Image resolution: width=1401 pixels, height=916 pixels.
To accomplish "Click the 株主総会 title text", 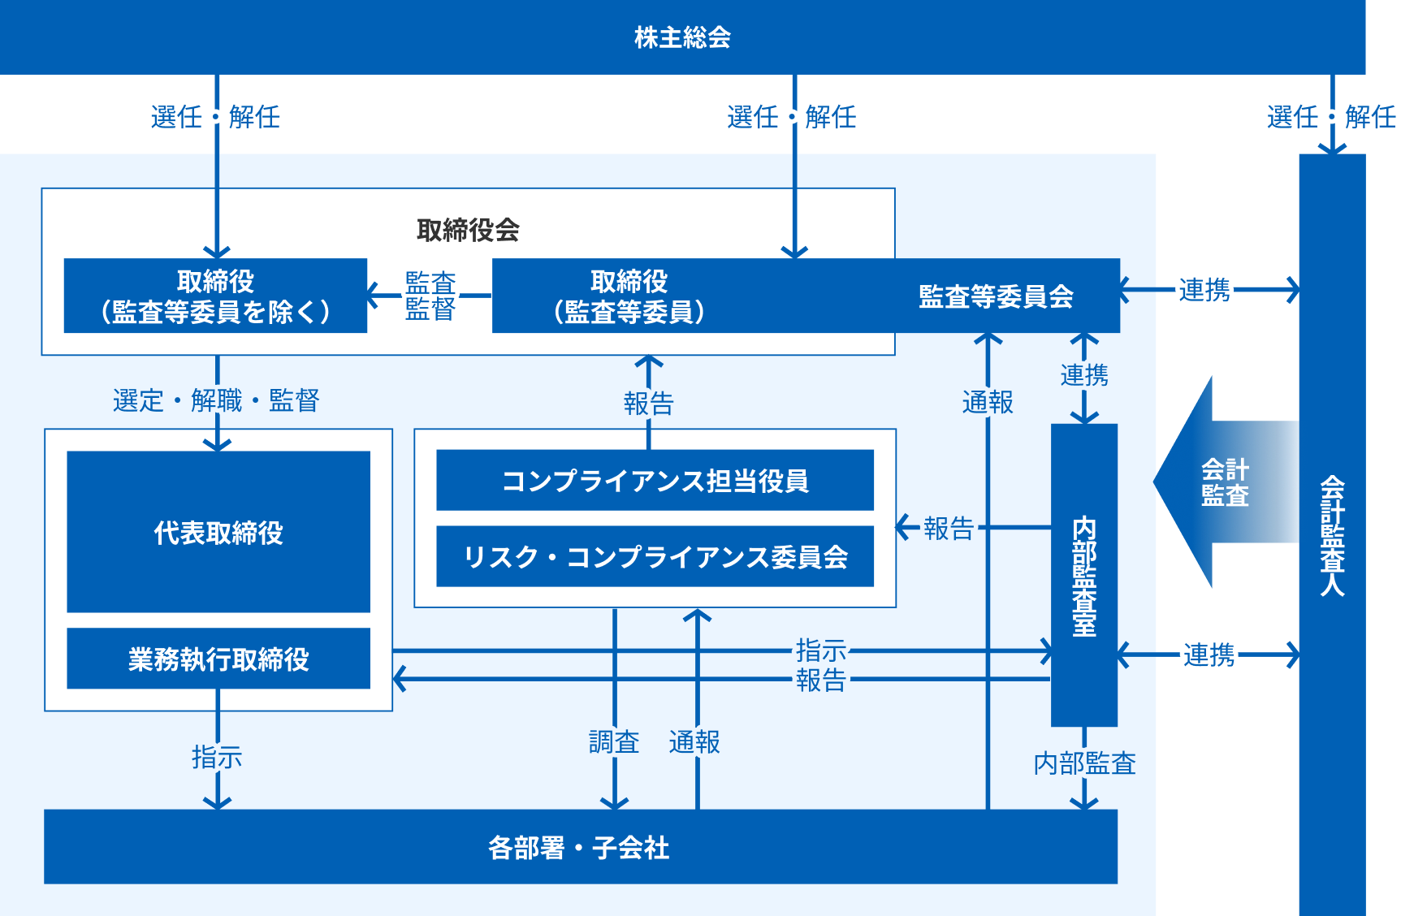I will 682,37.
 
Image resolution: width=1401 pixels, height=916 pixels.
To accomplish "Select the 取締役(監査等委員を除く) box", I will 215,296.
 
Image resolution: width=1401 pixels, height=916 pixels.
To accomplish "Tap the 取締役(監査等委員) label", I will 629,296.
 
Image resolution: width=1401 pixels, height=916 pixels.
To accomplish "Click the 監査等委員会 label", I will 996,296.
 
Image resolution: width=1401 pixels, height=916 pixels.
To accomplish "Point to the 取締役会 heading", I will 468,231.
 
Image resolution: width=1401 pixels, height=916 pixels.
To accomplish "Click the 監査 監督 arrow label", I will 430,296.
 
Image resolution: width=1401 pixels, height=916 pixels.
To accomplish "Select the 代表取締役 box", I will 218,532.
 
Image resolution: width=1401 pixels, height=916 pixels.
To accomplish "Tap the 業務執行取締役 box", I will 218,659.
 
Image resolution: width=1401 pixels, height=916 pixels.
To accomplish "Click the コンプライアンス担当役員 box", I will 655,481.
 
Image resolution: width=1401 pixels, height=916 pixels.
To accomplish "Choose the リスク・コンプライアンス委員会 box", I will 655,557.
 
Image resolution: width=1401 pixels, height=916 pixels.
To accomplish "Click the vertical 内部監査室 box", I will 1084,575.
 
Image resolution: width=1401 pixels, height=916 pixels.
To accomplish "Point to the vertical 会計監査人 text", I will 1332,536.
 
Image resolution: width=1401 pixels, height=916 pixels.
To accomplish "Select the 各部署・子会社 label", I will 579,847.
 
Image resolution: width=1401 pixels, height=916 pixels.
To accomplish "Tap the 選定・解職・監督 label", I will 216,400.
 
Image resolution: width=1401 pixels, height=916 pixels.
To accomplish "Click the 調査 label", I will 614,741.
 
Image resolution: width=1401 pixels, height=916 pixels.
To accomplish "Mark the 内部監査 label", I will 1084,763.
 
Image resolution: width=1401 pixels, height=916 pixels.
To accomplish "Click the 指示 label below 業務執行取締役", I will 217,757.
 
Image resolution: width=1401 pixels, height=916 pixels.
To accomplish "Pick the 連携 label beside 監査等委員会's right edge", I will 1204,289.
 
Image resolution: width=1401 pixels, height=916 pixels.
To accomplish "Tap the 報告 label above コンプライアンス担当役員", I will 648,403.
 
